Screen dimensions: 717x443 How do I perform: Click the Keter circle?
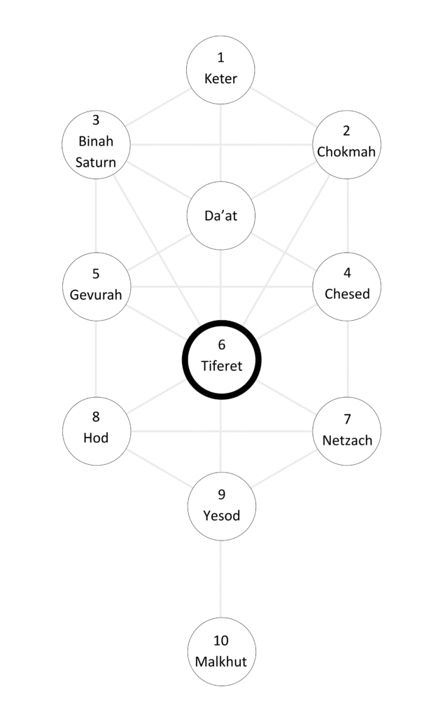220,69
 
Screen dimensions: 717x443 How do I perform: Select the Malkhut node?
221,651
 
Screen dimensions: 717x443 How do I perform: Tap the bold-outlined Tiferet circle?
221,356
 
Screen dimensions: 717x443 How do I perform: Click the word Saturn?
97,162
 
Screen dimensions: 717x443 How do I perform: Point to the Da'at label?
221,216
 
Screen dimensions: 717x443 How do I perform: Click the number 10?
221,641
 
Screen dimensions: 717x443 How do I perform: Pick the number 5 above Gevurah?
97,274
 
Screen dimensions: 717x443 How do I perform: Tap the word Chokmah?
347,151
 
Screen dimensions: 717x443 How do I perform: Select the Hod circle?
97,428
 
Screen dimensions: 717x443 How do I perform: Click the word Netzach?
347,440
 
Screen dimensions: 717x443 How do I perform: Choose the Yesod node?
222,506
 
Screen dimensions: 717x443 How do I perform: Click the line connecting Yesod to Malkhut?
222,578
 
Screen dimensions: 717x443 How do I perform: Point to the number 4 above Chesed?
347,273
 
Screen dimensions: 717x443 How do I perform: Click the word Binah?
97,142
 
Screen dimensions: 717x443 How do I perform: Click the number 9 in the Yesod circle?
222,494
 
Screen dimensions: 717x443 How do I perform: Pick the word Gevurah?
97,294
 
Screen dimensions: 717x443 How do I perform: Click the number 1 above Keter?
221,57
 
